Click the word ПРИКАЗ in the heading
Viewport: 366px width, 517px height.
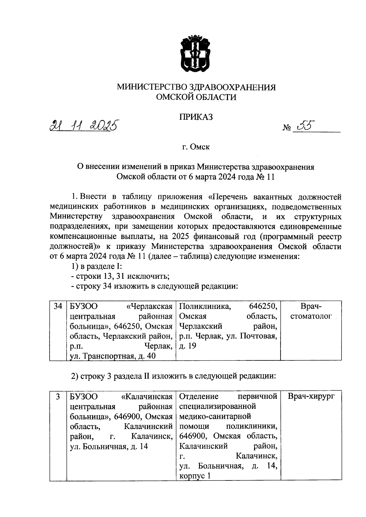tap(196, 117)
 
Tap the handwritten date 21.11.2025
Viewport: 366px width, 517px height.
tap(84, 126)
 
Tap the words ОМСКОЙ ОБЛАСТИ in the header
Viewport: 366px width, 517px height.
tap(196, 97)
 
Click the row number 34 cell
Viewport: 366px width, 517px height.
tap(58, 306)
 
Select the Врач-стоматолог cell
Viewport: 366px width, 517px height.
tap(311, 311)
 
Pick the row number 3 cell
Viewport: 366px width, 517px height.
tap(58, 396)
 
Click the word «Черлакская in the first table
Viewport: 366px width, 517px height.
tap(149, 306)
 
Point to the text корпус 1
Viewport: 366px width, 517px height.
tap(195, 476)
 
